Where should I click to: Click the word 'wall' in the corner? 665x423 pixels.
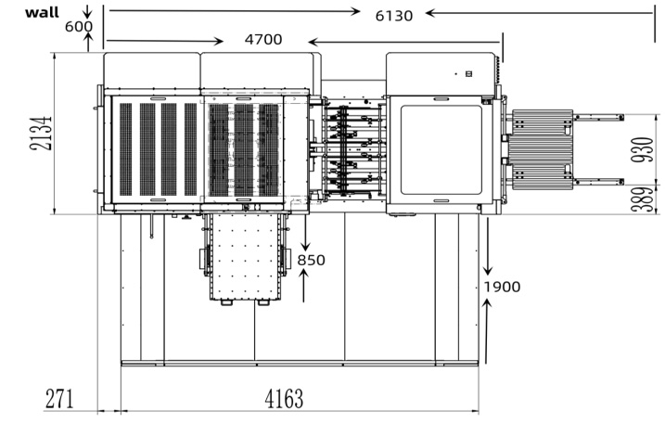[x=41, y=12]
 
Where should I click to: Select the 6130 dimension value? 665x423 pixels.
[x=393, y=14]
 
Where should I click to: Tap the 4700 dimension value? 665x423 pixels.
[x=263, y=40]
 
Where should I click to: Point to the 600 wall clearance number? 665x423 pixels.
[x=78, y=26]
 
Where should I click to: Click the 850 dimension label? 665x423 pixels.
[x=312, y=260]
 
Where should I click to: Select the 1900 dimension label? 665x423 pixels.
[x=502, y=286]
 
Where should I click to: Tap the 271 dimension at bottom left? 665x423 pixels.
[x=60, y=399]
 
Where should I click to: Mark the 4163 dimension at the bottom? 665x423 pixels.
[x=283, y=399]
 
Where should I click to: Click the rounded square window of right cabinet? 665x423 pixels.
[x=441, y=148]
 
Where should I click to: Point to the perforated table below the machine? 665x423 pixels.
[x=244, y=257]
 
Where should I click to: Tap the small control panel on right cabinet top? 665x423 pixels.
[x=468, y=72]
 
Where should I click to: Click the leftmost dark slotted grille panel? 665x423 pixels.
[x=125, y=148]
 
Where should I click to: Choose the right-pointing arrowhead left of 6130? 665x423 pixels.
[x=356, y=12]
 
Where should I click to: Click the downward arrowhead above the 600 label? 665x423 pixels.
[x=88, y=16]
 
